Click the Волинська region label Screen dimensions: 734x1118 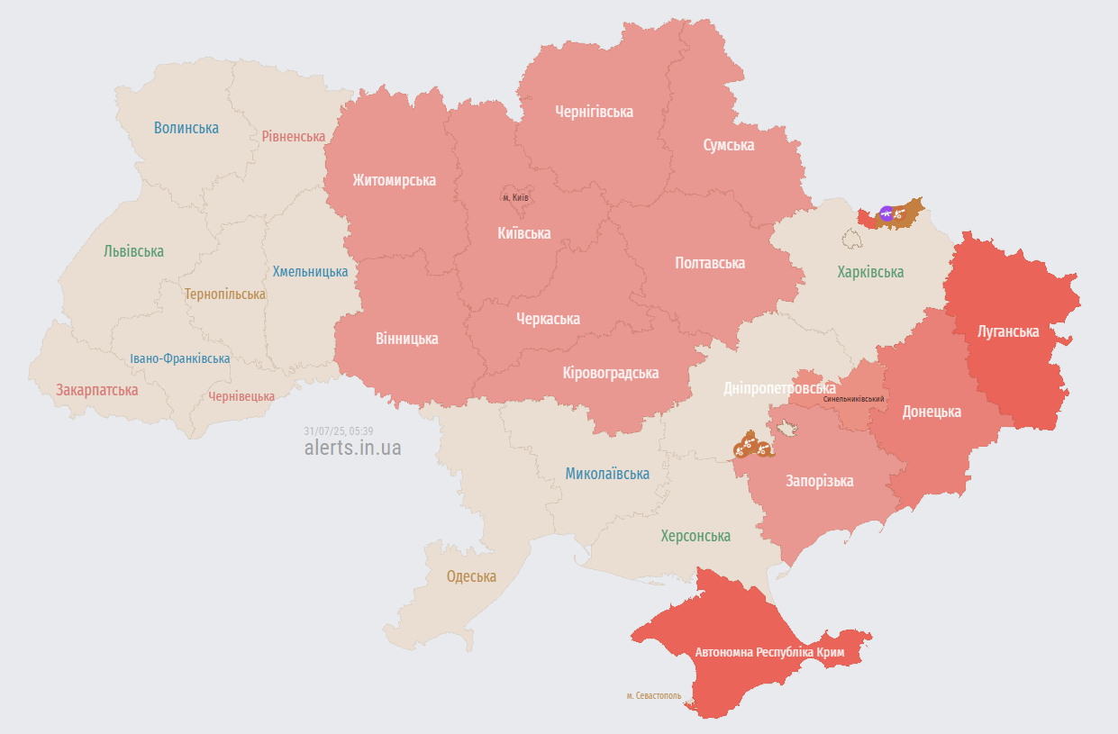(x=186, y=128)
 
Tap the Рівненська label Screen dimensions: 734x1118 (x=293, y=136)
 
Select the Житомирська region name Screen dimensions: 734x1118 (x=394, y=180)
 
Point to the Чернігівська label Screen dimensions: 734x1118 (x=594, y=112)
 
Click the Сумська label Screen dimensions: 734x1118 (x=728, y=145)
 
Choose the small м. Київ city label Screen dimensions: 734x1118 (x=515, y=197)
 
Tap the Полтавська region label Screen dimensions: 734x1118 (x=709, y=263)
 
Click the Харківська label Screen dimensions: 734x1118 (x=869, y=272)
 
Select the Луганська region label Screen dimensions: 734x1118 (x=1007, y=331)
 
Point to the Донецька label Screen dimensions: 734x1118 (x=932, y=412)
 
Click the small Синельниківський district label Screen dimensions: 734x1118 (x=853, y=398)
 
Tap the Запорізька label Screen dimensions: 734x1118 (x=819, y=481)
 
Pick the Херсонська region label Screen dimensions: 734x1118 (x=695, y=536)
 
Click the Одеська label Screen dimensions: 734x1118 (x=471, y=576)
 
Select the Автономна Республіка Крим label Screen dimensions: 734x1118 (x=768, y=651)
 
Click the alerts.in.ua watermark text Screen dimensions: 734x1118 (x=352, y=448)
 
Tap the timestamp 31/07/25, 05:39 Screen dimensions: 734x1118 (x=339, y=430)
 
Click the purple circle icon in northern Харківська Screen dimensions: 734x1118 (x=886, y=213)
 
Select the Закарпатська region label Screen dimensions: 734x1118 (x=96, y=390)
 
